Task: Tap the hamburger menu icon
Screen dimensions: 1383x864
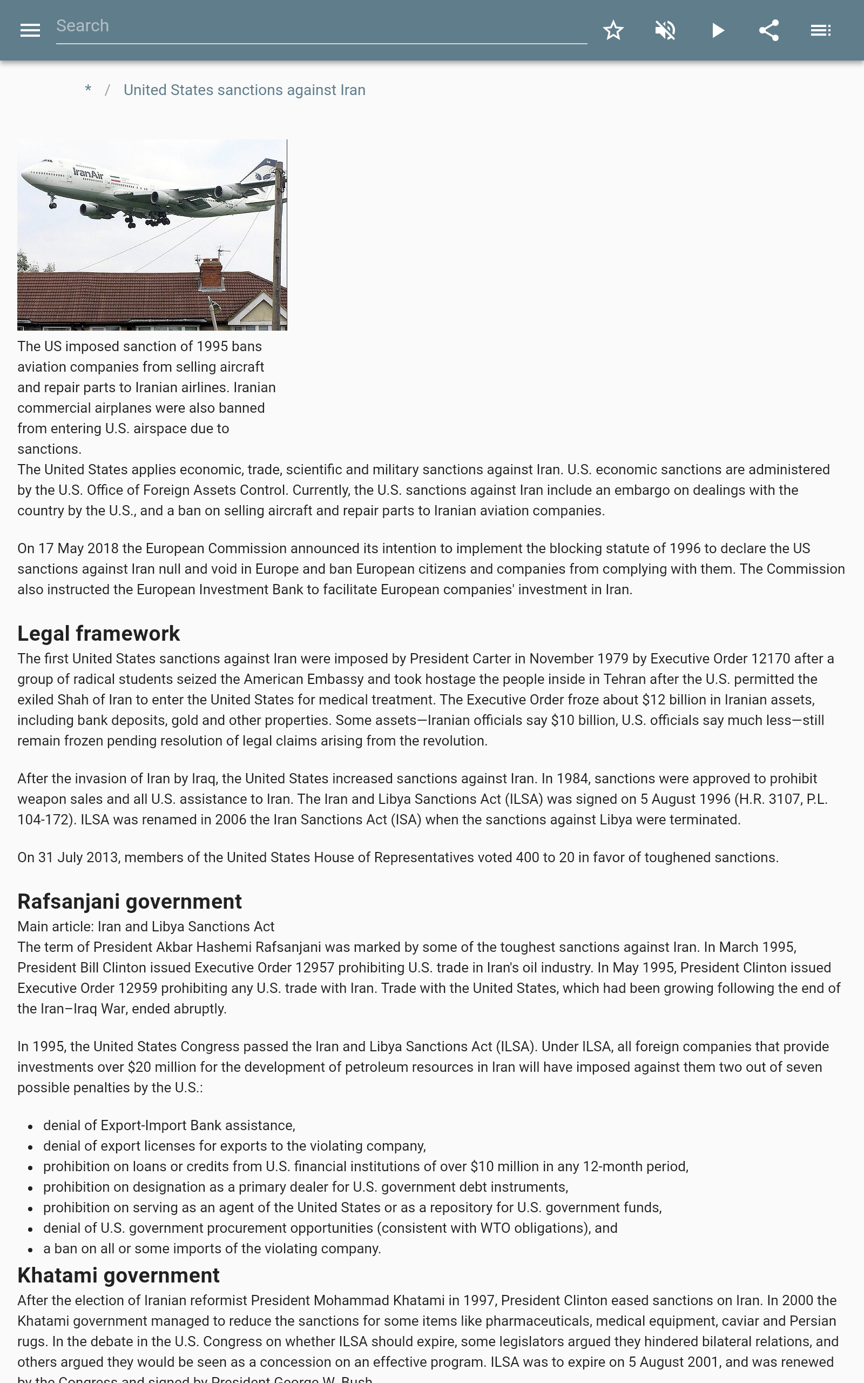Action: tap(30, 30)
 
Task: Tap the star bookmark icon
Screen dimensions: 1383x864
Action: tap(613, 30)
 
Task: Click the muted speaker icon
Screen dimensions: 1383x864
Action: tap(665, 30)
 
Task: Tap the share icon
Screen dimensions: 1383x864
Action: tap(769, 30)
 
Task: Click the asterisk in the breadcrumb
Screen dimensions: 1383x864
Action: tap(88, 90)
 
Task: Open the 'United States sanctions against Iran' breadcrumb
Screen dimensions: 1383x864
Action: tap(244, 90)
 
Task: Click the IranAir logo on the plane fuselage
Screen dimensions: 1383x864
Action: tap(89, 172)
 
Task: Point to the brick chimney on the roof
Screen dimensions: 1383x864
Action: tap(210, 273)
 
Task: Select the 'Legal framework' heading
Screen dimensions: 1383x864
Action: tap(98, 633)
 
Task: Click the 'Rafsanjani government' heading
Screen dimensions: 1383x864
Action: tap(129, 901)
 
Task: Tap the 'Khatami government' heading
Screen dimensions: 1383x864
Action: tap(118, 1275)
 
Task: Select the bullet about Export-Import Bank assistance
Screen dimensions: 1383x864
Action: tap(169, 1125)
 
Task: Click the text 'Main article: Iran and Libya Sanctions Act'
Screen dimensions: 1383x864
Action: tap(146, 927)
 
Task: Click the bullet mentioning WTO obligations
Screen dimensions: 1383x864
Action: tap(330, 1228)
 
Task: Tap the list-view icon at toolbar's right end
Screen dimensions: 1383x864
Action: tap(821, 30)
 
